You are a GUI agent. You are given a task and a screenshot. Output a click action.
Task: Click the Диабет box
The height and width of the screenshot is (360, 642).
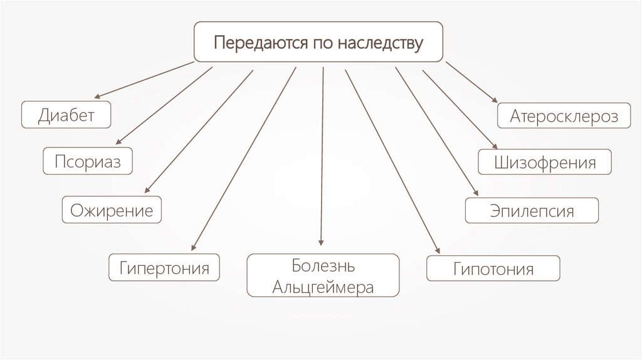coord(66,114)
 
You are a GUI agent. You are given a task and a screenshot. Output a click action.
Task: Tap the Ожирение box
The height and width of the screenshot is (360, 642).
coord(111,209)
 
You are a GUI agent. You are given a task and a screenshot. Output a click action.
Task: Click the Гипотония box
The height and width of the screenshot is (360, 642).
coord(493,268)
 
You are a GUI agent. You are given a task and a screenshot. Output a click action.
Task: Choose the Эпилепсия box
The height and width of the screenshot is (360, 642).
coord(532,210)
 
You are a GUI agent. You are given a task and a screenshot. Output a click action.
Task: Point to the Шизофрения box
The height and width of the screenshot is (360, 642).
coord(544,162)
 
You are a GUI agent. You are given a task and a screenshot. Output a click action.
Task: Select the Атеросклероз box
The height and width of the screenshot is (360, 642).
coord(564,116)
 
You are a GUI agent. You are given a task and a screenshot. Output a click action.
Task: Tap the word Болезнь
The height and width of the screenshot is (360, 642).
coord(324,266)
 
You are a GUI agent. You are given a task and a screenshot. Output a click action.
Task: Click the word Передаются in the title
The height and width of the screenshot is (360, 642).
coord(254,43)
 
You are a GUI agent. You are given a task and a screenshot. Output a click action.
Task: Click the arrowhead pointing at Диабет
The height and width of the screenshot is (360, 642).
coord(97,97)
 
